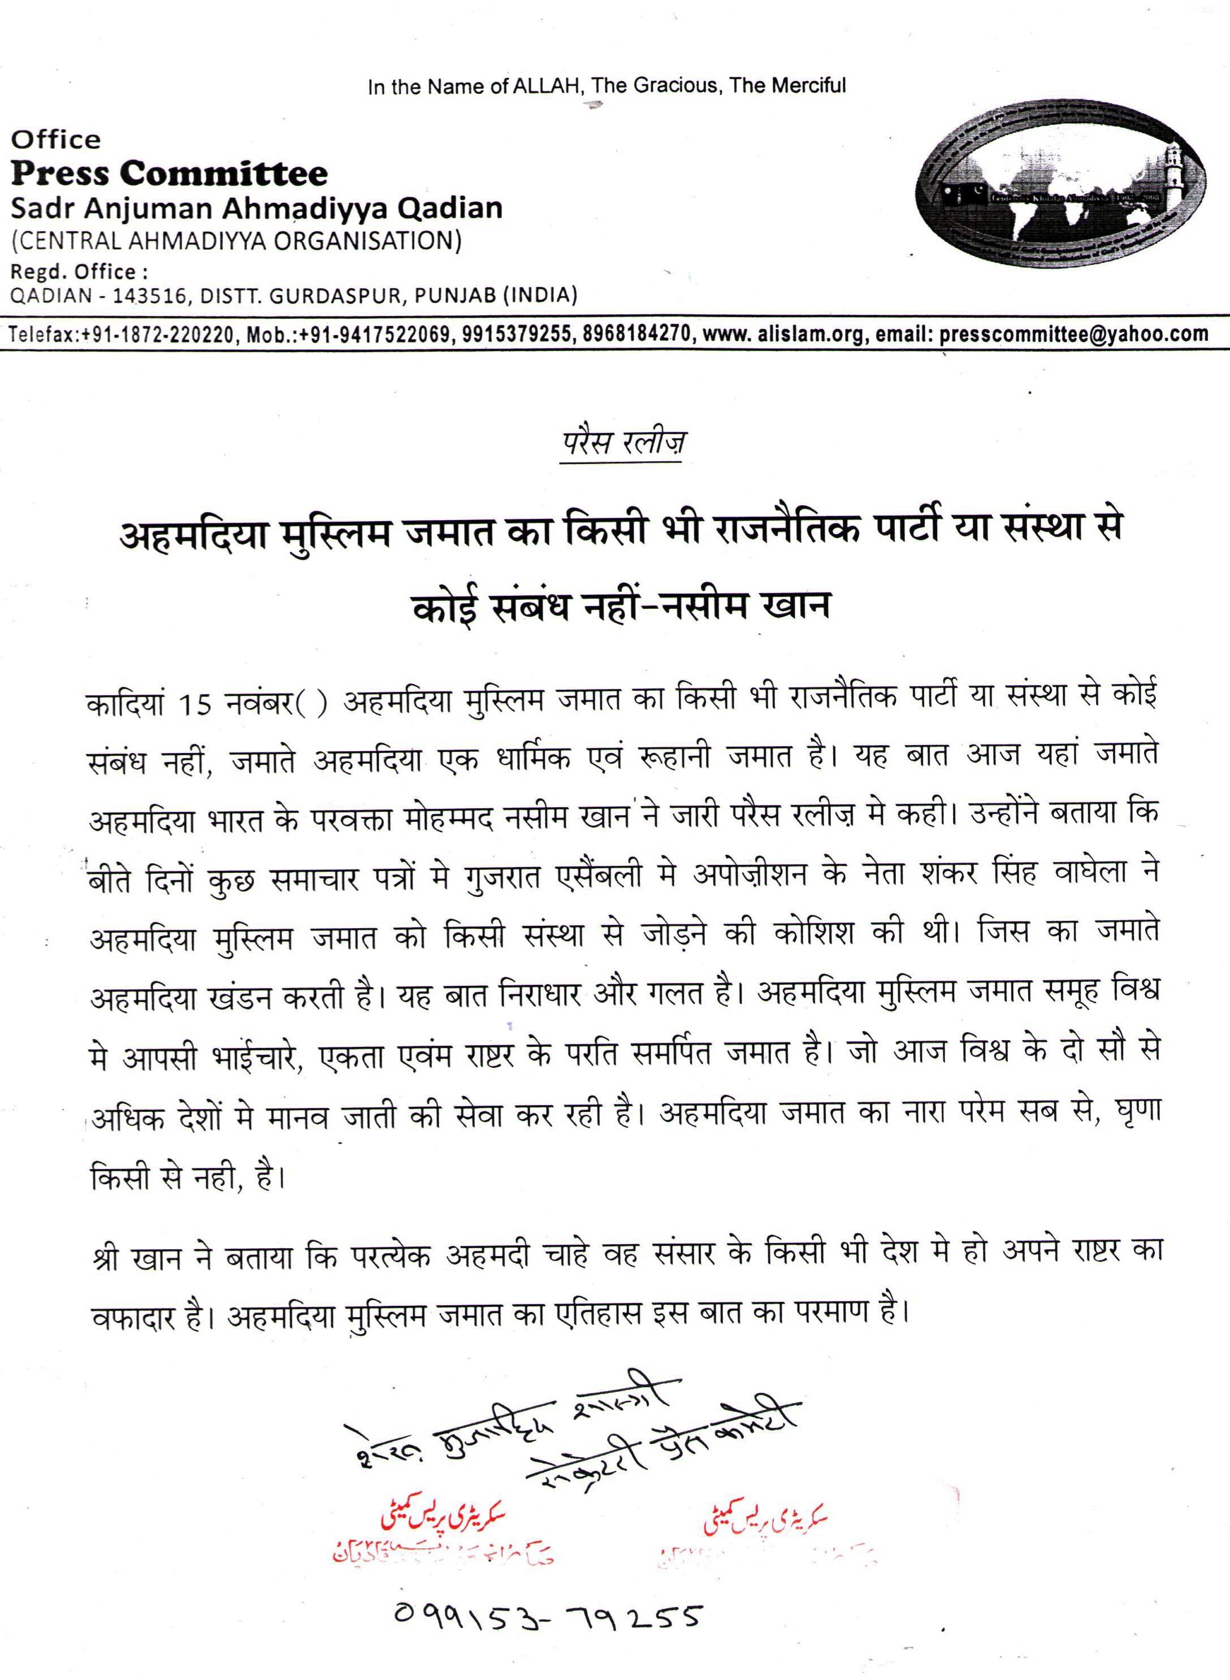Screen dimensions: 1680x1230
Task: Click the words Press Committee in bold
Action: pyautogui.click(x=169, y=174)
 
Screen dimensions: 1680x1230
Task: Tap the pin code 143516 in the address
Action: pyautogui.click(x=146, y=296)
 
